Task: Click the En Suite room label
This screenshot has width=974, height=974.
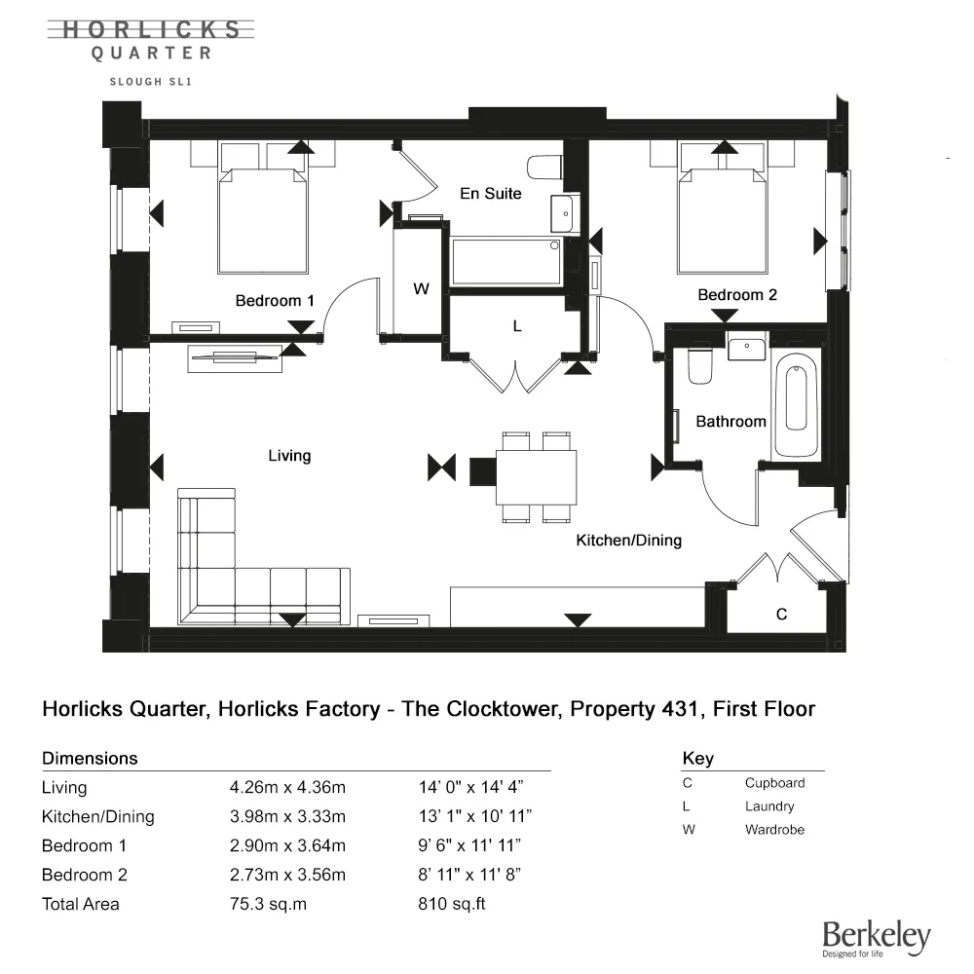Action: pyautogui.click(x=491, y=193)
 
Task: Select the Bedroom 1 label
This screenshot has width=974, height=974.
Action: pyautogui.click(x=275, y=301)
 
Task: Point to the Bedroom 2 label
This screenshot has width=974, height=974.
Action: pyautogui.click(x=736, y=294)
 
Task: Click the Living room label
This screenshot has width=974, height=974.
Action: pyautogui.click(x=289, y=455)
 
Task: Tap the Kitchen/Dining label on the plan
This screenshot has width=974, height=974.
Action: pyautogui.click(x=628, y=540)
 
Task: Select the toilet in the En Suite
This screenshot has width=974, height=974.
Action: pyautogui.click(x=543, y=168)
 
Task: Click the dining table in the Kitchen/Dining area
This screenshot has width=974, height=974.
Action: pyautogui.click(x=536, y=476)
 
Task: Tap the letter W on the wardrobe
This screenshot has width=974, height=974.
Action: pyautogui.click(x=421, y=289)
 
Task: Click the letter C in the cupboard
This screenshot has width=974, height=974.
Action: pyautogui.click(x=781, y=615)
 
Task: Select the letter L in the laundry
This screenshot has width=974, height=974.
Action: pyautogui.click(x=517, y=327)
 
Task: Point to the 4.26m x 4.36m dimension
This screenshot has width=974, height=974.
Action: pyautogui.click(x=287, y=787)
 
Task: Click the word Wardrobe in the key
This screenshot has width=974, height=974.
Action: pyautogui.click(x=774, y=830)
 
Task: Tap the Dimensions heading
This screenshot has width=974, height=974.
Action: pyautogui.click(x=90, y=758)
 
